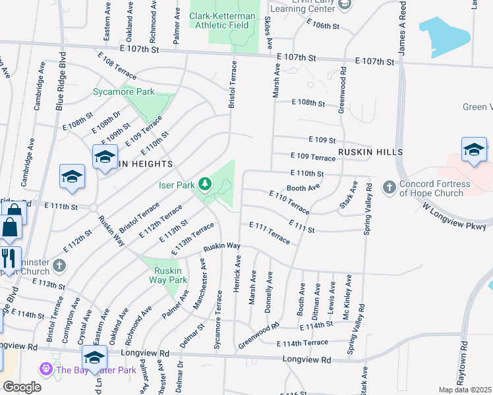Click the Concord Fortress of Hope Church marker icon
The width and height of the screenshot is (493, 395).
[388, 188]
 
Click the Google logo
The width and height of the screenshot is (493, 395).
[22, 386]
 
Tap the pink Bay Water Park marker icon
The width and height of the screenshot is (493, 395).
[46, 369]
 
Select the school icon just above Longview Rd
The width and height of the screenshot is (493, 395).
[95, 357]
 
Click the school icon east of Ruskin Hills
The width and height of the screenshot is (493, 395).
[473, 149]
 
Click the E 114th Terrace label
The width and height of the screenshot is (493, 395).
[302, 343]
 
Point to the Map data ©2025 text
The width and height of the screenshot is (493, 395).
[464, 390]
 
